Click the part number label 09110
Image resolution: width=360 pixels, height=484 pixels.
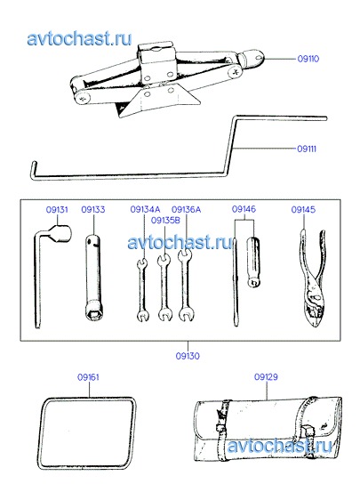tap(308, 59)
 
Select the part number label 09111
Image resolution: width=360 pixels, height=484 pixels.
tap(307, 149)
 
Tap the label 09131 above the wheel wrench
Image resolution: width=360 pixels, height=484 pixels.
tap(57, 210)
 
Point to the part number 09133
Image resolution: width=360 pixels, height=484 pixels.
tap(93, 210)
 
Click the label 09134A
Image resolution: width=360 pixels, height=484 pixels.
tap(145, 210)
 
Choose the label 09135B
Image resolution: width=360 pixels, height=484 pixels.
tap(165, 221)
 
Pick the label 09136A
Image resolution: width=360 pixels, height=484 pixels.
tap(186, 210)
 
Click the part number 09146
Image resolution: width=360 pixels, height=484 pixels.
tap(244, 209)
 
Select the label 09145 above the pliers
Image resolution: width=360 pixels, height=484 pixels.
tap(303, 210)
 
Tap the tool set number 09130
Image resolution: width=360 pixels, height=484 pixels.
tap(188, 356)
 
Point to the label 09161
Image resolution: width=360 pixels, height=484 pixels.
tap(88, 377)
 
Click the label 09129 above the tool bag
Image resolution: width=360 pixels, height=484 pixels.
tap(266, 377)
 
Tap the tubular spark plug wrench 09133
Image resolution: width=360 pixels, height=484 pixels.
tap(93, 278)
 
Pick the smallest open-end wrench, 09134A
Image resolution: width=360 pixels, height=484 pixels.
tap(142, 290)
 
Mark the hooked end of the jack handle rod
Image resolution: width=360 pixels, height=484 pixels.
tap(35, 170)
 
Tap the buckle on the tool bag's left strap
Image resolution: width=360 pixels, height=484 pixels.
tap(220, 428)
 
